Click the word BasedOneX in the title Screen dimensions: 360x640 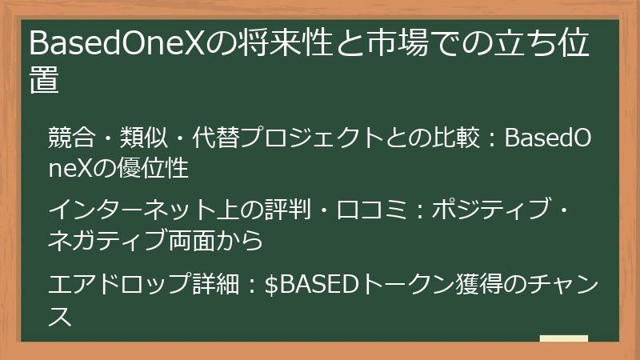pos(116,43)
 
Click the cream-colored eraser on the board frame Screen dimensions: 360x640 pos(564,338)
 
